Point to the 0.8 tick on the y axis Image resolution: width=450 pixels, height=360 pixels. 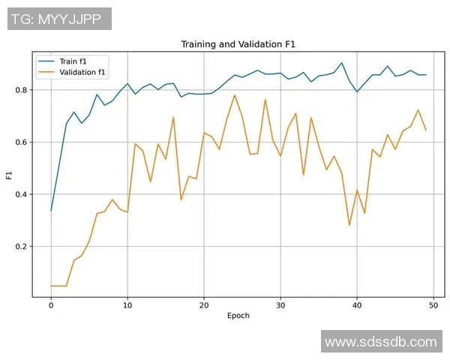pos(21,90)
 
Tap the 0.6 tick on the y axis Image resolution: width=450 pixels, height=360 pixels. pos(21,142)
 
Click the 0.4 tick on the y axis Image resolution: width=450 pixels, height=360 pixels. pos(21,194)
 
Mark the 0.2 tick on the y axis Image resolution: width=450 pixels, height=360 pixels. pos(21,247)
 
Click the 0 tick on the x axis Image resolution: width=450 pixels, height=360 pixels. pos(51,305)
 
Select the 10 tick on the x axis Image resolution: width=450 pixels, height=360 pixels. pos(127,305)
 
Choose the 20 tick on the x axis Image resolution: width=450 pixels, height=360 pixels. pos(204,305)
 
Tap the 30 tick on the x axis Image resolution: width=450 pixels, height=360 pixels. pos(280,305)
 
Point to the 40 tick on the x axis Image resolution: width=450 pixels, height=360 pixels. pos(357,305)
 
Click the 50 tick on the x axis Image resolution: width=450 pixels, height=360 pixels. pos(433,305)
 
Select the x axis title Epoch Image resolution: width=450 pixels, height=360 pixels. pos(238,316)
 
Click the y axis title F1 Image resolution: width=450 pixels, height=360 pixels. pos(9,175)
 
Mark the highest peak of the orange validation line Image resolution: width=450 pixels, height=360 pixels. pos(235,94)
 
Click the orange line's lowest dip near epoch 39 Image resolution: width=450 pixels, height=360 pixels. pos(349,225)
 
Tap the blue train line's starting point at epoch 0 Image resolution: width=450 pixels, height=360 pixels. pos(51,211)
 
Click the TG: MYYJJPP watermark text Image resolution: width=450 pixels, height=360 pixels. pos(60,19)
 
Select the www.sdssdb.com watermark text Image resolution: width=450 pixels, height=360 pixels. pos(380,341)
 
